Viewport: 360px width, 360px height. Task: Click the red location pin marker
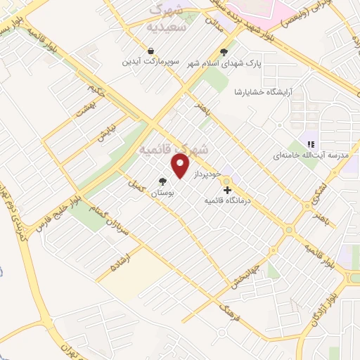[x=181, y=166]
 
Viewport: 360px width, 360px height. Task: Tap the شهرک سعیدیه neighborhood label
[x=169, y=20]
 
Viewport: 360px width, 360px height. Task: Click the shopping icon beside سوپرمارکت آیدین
[x=151, y=51]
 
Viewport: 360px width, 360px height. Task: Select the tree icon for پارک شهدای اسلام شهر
[x=224, y=51]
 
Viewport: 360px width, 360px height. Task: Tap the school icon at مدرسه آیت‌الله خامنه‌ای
[x=311, y=144]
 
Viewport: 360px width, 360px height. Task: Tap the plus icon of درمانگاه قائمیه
[x=227, y=190]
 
